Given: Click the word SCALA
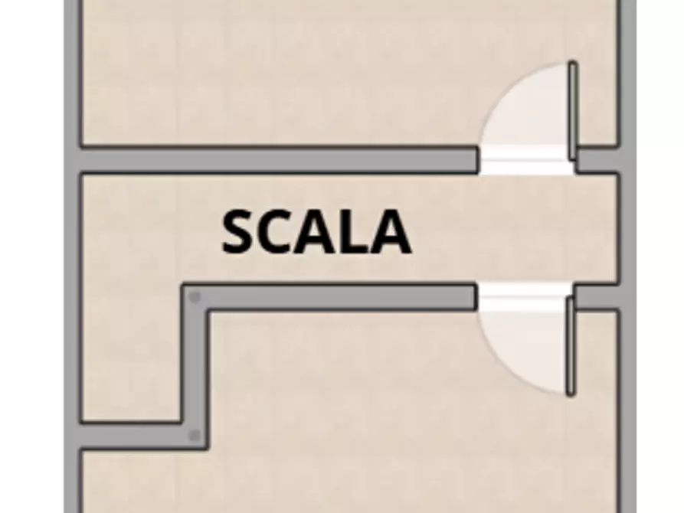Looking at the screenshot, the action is tap(316, 231).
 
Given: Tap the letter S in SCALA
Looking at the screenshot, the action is tap(239, 231).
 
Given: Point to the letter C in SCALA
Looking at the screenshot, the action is tap(277, 231).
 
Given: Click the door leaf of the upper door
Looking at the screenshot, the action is tap(572, 110).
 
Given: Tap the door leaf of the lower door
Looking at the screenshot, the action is tap(571, 346).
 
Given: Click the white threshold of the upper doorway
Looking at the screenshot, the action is tap(526, 160).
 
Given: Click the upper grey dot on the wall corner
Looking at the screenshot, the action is tap(195, 298).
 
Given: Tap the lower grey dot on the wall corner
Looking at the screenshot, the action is tap(195, 435).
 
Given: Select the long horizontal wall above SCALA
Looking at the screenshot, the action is tap(278, 160).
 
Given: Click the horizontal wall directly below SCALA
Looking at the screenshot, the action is tap(329, 298).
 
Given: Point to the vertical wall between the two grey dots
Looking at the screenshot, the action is tap(195, 367).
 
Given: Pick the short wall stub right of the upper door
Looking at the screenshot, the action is tap(597, 160).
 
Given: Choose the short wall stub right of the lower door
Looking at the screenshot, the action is tap(597, 298).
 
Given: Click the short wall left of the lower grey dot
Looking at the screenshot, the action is tap(130, 436).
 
